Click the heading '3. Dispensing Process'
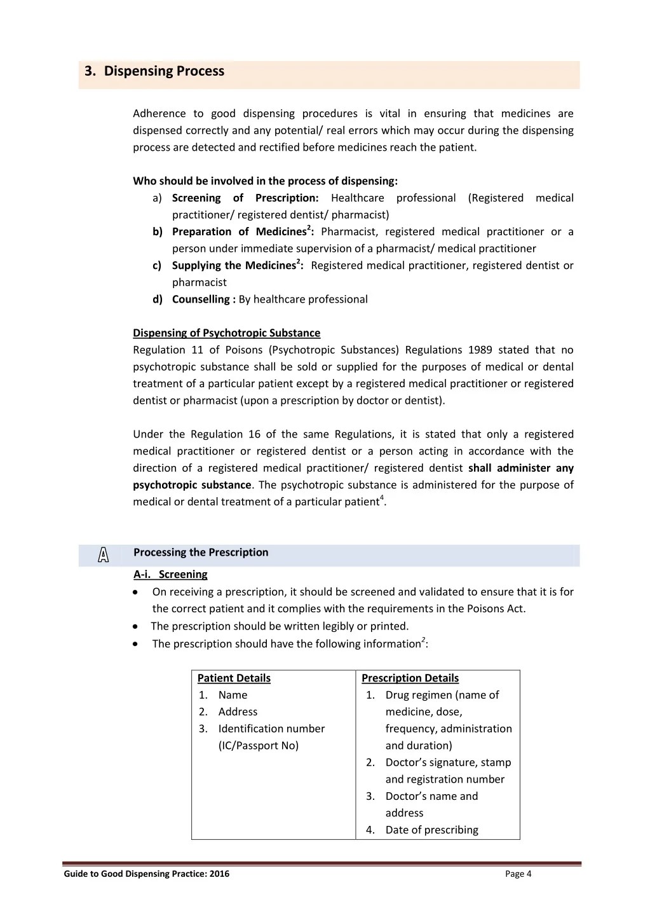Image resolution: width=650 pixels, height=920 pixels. coord(154,71)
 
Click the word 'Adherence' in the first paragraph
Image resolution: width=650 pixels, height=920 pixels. coord(159,114)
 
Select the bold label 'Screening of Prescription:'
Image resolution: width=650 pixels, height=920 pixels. coord(245,198)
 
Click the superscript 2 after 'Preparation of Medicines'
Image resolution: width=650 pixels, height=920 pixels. coord(309,228)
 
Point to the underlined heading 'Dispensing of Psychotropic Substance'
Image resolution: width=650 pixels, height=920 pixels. coord(226,333)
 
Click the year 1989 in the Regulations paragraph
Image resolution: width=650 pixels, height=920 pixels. coord(480,350)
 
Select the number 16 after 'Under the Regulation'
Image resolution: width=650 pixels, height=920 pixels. coord(254,434)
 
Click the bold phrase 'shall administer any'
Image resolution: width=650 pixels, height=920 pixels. coord(520,468)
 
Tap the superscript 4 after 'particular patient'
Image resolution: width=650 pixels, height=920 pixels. coord(381,498)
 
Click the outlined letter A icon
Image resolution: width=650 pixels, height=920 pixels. coord(104,555)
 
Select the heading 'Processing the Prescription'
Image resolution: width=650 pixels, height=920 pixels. coord(201,553)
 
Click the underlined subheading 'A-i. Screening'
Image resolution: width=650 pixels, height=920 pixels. coord(170,575)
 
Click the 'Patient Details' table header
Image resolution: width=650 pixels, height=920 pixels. coord(234,678)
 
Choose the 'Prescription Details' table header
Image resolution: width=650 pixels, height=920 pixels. coord(410,678)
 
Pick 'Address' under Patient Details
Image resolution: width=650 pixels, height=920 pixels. coord(238,712)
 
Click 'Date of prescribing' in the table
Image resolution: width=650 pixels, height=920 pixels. coord(431,830)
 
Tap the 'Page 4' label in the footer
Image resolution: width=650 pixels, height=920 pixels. coord(518,874)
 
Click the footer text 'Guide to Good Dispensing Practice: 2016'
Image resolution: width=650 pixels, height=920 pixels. coord(147,874)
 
